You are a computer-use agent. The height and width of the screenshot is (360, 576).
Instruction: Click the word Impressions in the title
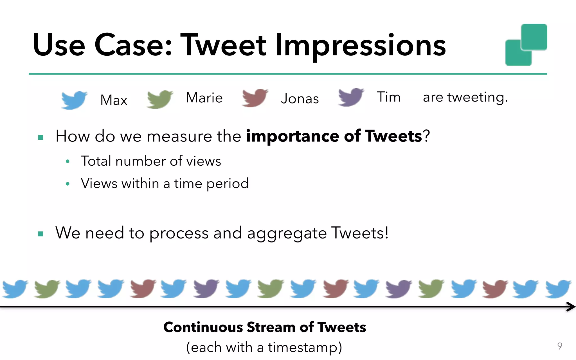tap(360, 45)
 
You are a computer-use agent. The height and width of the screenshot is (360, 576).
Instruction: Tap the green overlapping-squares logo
tap(526, 45)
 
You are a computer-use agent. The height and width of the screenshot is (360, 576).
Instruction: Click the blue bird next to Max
tap(74, 100)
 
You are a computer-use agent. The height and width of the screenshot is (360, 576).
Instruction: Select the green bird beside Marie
tap(159, 99)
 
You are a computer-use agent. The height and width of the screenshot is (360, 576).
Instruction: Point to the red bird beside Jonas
tap(255, 98)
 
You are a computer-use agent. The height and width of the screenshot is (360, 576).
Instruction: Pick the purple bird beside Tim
tap(350, 97)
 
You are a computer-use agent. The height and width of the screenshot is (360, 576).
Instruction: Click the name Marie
tap(204, 98)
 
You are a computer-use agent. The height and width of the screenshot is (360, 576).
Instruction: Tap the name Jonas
tap(300, 99)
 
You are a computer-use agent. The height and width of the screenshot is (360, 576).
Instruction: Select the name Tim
tap(388, 97)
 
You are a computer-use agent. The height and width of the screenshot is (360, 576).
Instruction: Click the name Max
tap(114, 100)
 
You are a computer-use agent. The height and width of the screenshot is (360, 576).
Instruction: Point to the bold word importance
tap(292, 136)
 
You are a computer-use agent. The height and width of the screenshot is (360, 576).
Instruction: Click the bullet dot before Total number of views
tap(67, 161)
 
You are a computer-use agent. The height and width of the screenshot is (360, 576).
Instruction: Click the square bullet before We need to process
tap(40, 234)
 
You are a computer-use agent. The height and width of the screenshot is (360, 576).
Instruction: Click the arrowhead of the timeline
tap(571, 307)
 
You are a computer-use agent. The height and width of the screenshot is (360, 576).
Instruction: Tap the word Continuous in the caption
tap(203, 327)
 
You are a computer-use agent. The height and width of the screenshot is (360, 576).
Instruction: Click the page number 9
tap(560, 346)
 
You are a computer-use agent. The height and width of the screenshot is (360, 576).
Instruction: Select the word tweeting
tap(478, 98)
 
